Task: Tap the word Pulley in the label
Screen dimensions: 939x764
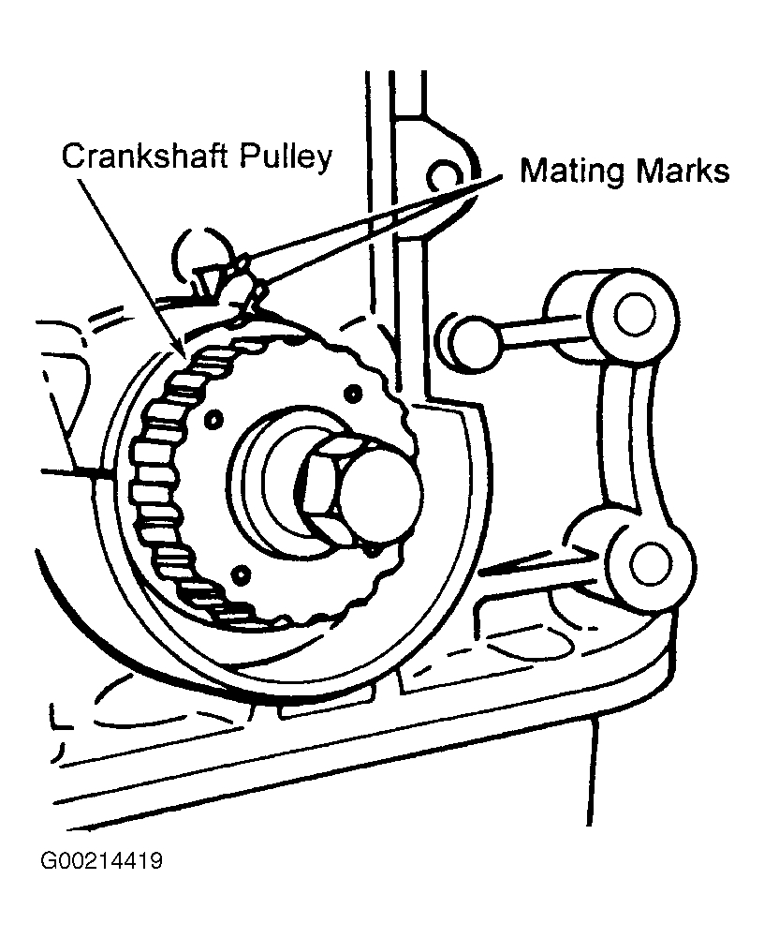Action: click(x=285, y=157)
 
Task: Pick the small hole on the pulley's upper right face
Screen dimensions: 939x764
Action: click(x=353, y=391)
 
